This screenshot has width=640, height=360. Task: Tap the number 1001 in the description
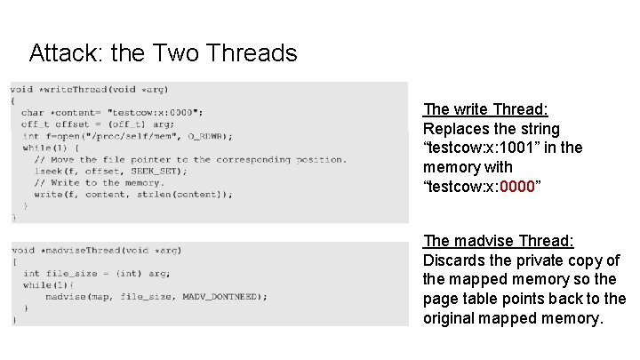pyautogui.click(x=543, y=148)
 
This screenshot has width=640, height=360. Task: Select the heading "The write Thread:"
pyautogui.click(x=485, y=109)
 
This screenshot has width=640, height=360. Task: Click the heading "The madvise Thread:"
pyautogui.click(x=499, y=241)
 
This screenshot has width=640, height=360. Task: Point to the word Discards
pyautogui.click(x=455, y=260)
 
